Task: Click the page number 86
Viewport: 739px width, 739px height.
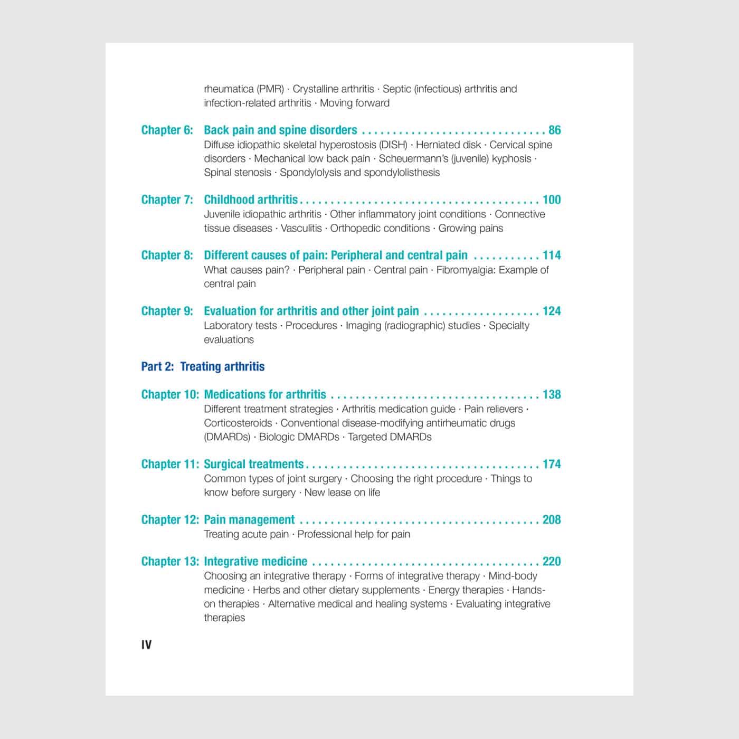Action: tap(554, 130)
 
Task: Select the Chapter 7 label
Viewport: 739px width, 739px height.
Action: tap(167, 200)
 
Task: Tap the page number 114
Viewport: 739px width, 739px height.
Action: tap(552, 255)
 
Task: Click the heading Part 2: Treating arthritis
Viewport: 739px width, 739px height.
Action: tap(203, 366)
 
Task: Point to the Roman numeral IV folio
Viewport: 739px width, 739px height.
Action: tap(146, 645)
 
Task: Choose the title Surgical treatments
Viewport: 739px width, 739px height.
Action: tap(253, 464)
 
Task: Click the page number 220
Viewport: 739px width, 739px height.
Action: tap(552, 561)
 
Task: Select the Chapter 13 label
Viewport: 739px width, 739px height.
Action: tap(170, 561)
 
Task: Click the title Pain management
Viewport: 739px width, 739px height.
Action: tap(249, 519)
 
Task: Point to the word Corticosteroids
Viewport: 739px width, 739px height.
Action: tap(238, 423)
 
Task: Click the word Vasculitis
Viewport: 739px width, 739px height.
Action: tap(301, 229)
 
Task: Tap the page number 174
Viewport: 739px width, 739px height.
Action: tap(552, 464)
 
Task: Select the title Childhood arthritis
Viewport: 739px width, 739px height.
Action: tap(251, 200)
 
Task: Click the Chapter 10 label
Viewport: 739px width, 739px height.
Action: tap(170, 394)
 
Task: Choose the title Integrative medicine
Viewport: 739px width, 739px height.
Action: tap(255, 561)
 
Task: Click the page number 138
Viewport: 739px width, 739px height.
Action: tap(552, 394)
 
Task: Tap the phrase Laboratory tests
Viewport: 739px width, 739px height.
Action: tap(240, 326)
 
